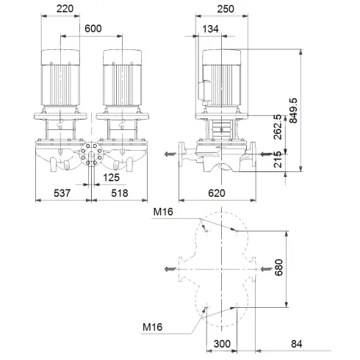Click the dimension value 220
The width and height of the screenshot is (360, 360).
click(67, 11)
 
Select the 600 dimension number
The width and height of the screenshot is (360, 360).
click(93, 29)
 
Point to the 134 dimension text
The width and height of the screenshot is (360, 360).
click(211, 29)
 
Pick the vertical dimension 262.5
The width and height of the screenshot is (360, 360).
click(276, 126)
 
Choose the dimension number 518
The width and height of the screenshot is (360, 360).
click(119, 195)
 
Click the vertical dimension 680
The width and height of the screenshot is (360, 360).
click(278, 267)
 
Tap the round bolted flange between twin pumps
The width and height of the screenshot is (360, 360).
click(91, 156)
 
